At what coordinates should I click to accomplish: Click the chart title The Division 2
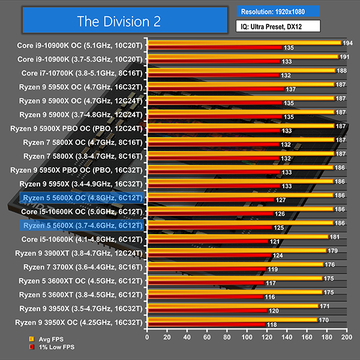(x=118, y=22)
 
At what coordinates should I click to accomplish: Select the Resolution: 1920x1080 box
(x=277, y=11)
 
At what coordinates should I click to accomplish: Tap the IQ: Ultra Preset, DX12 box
(x=277, y=26)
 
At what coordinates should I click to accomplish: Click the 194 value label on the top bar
(x=347, y=43)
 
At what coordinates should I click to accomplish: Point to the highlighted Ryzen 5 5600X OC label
(x=82, y=196)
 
